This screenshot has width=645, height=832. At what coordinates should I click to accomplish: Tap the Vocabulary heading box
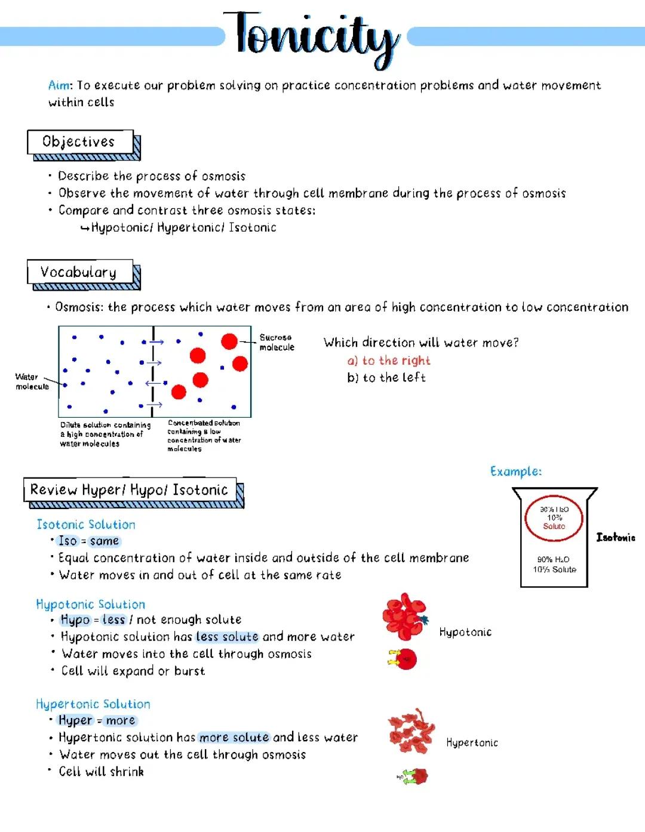click(79, 272)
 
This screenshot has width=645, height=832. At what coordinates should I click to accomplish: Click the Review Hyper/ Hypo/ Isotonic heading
click(130, 490)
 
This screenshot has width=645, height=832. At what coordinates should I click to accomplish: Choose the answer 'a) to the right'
click(389, 360)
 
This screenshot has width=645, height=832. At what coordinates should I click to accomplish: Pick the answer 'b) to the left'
click(386, 378)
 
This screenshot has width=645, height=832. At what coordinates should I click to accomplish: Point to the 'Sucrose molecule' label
click(277, 343)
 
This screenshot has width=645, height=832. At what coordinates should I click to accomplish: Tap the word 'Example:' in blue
click(516, 472)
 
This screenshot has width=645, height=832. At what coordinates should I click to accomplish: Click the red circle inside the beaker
click(554, 518)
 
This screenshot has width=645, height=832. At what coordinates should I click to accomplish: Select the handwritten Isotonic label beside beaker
click(616, 538)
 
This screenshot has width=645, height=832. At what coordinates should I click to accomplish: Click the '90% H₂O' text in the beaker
click(553, 559)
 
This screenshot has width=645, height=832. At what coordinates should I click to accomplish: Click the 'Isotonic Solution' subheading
click(86, 525)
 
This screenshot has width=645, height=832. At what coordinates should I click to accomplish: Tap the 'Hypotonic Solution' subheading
click(90, 605)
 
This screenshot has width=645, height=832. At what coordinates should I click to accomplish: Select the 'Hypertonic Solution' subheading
click(93, 704)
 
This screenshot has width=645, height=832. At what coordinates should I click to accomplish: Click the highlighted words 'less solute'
click(227, 637)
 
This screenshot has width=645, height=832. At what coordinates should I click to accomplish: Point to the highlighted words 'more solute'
click(234, 738)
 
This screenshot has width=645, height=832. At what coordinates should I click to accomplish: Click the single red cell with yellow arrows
click(406, 660)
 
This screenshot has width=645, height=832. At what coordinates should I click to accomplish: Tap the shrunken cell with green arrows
click(419, 776)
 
